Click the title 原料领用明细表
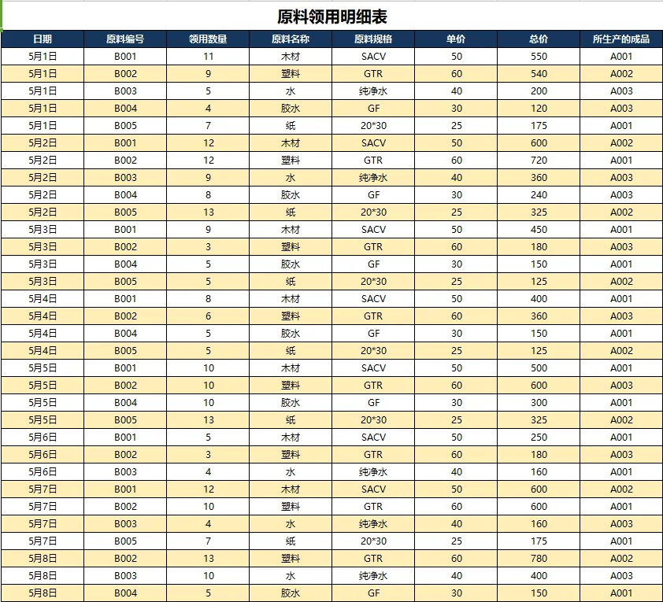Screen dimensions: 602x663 pyautogui.click(x=331, y=17)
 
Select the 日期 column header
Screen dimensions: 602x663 pyautogui.click(x=43, y=39)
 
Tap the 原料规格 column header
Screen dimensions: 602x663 pyautogui.click(x=373, y=39)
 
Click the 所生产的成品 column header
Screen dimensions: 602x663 pyautogui.click(x=621, y=39)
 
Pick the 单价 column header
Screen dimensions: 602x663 pyautogui.click(x=456, y=39)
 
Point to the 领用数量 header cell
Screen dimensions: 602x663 pyautogui.click(x=208, y=39)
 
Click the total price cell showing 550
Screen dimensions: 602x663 pyautogui.click(x=539, y=57)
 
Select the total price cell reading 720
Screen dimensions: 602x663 pyautogui.click(x=539, y=161)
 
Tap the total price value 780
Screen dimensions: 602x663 pyautogui.click(x=539, y=559)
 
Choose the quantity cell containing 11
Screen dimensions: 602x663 pyautogui.click(x=208, y=57)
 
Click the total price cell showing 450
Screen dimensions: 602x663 pyautogui.click(x=539, y=230)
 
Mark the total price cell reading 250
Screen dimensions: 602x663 pyautogui.click(x=539, y=438)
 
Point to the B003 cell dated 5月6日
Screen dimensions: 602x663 pyautogui.click(x=125, y=472)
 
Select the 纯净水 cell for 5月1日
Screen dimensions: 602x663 pyautogui.click(x=373, y=91)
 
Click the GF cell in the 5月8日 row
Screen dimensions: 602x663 pyautogui.click(x=373, y=593)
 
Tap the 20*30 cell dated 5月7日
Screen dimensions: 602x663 pyautogui.click(x=373, y=541)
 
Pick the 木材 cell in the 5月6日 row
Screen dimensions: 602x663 pyautogui.click(x=291, y=438)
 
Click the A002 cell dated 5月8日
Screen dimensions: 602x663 pyautogui.click(x=621, y=559)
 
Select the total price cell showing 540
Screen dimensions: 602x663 pyautogui.click(x=539, y=74)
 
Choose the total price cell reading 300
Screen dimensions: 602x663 pyautogui.click(x=539, y=403)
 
